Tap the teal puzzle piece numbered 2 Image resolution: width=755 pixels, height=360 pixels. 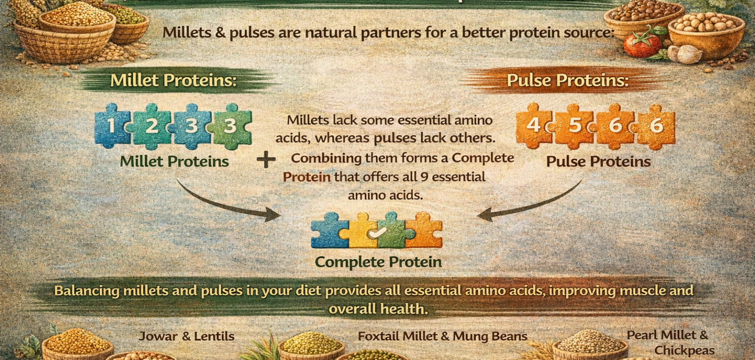[151, 126]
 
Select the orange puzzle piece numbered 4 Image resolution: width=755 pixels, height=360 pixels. [533, 125]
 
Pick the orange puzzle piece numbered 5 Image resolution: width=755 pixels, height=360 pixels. [574, 126]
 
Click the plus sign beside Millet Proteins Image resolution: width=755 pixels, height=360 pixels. [266, 160]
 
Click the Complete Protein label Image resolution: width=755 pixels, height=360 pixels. [378, 262]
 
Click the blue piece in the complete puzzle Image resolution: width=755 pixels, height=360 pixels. [329, 230]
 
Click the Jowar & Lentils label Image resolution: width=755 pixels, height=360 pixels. [186, 337]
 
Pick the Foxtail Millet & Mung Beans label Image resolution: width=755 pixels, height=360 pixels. [442, 336]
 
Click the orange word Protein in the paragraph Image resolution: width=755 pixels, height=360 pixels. [307, 177]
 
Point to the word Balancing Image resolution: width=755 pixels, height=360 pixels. [87, 291]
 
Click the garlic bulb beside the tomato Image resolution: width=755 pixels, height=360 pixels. [688, 53]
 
